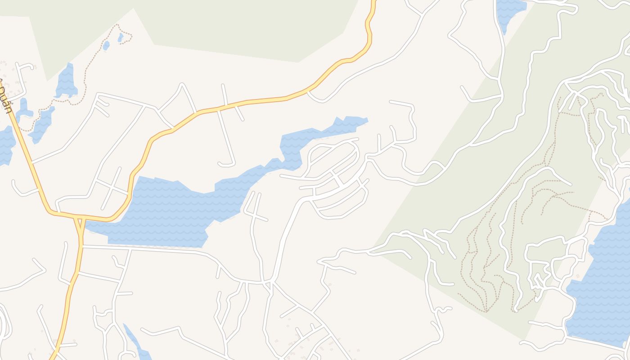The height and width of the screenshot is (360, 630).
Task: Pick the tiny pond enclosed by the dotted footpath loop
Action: [121, 37]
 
